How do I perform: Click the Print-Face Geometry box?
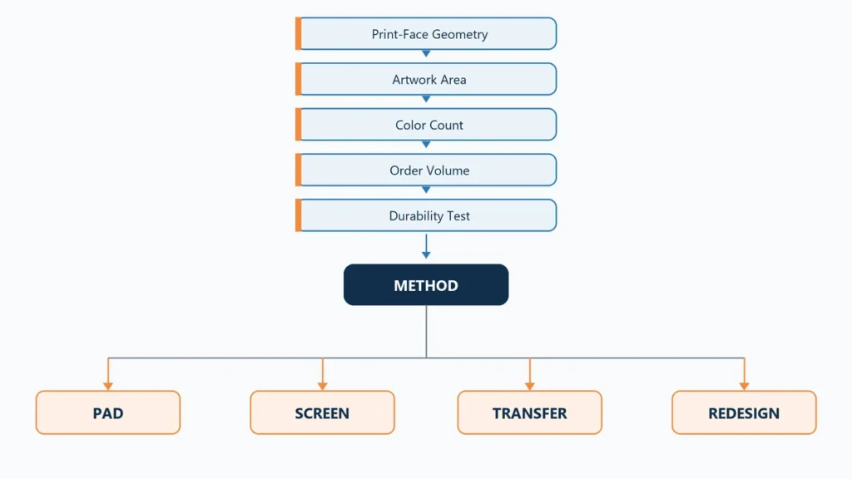[427, 33]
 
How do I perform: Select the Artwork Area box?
[427, 79]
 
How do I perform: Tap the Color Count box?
[427, 125]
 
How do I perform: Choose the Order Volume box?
[427, 170]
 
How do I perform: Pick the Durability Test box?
[427, 215]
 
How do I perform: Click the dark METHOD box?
[426, 284]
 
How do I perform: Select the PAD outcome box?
[108, 412]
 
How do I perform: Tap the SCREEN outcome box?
[322, 412]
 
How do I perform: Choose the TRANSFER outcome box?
[530, 412]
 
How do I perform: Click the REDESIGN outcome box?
[744, 412]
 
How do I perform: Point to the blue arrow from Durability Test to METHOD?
[426, 246]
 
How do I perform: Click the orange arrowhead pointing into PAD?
[108, 386]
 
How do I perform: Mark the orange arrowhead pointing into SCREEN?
[323, 386]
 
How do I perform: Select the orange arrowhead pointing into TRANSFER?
[530, 386]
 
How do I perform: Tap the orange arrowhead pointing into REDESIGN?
[745, 386]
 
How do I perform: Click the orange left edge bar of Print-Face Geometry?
[299, 33]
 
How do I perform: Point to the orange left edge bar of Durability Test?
[299, 215]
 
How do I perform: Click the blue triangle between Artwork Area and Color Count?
[426, 100]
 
